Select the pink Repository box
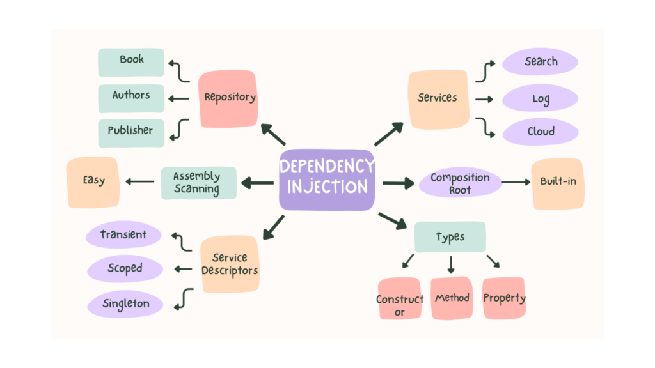pos(228,98)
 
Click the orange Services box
pos(438,98)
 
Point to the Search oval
pos(541,62)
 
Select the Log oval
pos(541,98)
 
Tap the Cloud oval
pos(541,132)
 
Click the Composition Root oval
pos(460,183)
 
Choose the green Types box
pos(450,237)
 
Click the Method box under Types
pos(452,298)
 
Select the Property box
pos(504,298)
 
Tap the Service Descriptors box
pos(229,264)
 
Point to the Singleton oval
pos(125,304)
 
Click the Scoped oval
pos(125,268)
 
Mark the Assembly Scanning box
pos(198,183)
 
